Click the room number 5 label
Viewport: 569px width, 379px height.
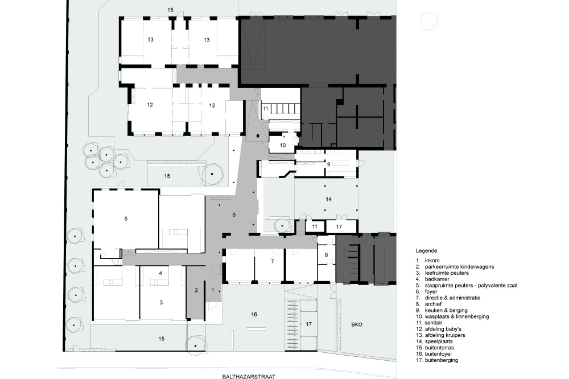pyautogui.click(x=126, y=219)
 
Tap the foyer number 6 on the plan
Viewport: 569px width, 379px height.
pyautogui.click(x=234, y=215)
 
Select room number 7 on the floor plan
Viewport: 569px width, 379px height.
pyautogui.click(x=272, y=261)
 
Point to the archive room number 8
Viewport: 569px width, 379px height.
pyautogui.click(x=326, y=255)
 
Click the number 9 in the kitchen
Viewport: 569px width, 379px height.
pyautogui.click(x=329, y=164)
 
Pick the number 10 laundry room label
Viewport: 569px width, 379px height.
pyautogui.click(x=283, y=145)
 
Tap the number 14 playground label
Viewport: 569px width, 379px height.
pyautogui.click(x=329, y=199)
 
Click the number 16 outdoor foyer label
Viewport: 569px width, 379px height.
pyautogui.click(x=254, y=314)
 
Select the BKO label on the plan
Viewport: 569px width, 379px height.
pyautogui.click(x=357, y=324)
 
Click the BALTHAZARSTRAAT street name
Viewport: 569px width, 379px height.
pyautogui.click(x=249, y=377)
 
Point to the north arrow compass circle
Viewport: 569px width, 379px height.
pyautogui.click(x=428, y=22)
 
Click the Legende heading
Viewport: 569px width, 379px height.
pyautogui.click(x=426, y=250)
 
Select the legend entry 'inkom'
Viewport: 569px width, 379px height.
pyautogui.click(x=432, y=260)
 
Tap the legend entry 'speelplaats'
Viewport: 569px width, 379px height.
pyautogui.click(x=439, y=341)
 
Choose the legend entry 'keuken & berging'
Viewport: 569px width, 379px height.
pyautogui.click(x=446, y=310)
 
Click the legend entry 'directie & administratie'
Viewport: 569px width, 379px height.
pyautogui.click(x=452, y=298)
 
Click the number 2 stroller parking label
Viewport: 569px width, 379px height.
pyautogui.click(x=196, y=290)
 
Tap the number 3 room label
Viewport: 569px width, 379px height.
pyautogui.click(x=161, y=302)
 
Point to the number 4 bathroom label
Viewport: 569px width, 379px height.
pyautogui.click(x=160, y=273)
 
